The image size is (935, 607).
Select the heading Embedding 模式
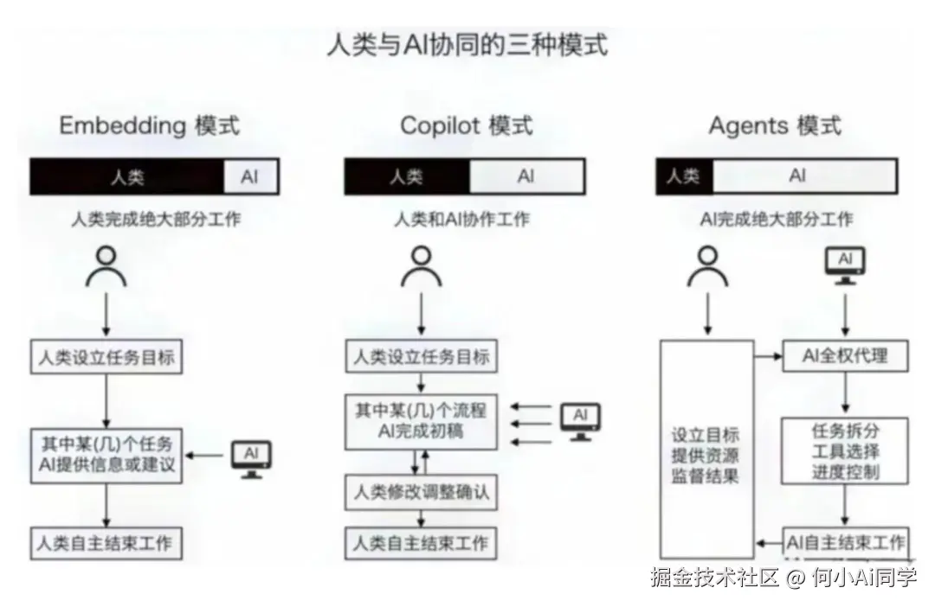click(x=149, y=126)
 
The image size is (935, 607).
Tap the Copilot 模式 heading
click(x=466, y=126)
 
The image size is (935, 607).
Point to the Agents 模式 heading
click(x=774, y=126)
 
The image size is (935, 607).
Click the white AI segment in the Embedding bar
click(x=250, y=177)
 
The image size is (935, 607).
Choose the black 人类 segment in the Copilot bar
click(x=407, y=177)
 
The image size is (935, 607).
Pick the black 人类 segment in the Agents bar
click(x=684, y=177)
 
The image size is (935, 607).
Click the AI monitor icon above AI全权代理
click(x=845, y=265)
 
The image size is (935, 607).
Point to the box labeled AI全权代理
click(x=845, y=355)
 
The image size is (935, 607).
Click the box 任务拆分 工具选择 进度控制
click(x=845, y=450)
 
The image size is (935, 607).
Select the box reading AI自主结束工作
click(x=845, y=543)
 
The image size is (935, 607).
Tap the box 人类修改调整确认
click(x=422, y=493)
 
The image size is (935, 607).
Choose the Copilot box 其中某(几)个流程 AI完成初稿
click(x=422, y=420)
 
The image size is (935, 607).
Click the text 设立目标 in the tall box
click(x=706, y=435)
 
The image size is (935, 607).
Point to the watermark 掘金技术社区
click(x=715, y=578)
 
